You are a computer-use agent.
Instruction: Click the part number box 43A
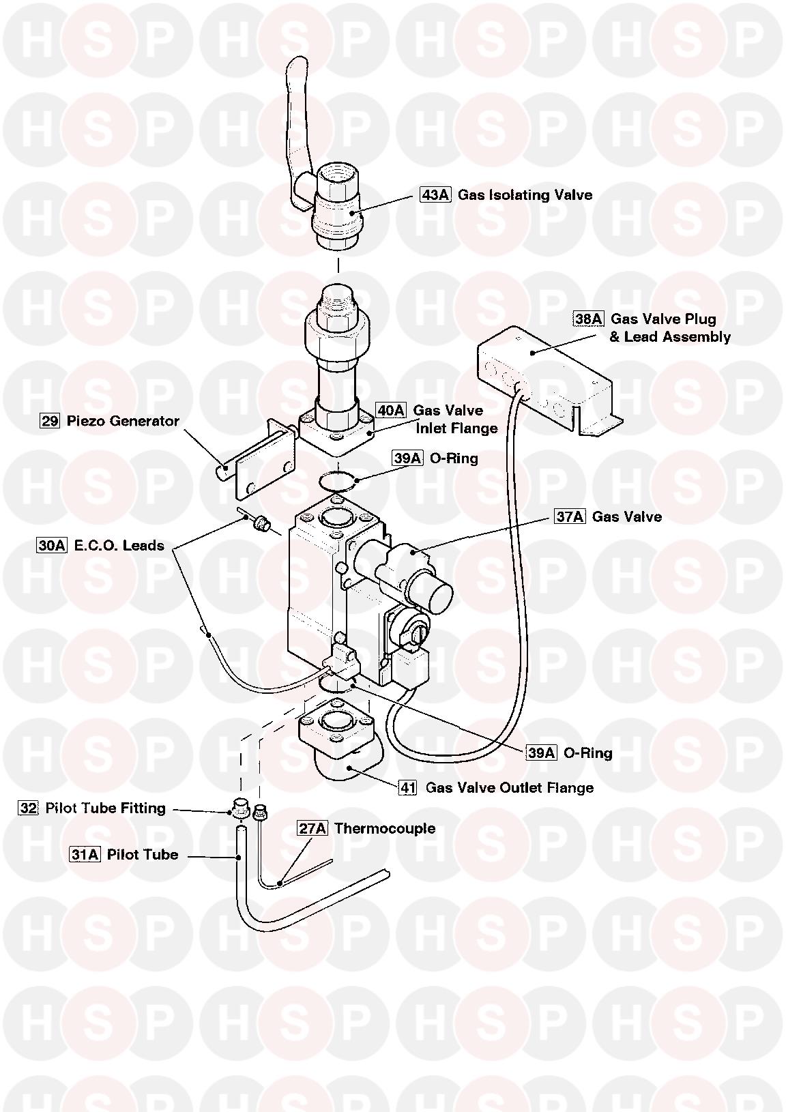[435, 195]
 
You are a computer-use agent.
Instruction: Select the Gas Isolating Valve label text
[525, 195]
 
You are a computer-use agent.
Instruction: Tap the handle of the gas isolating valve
[295, 116]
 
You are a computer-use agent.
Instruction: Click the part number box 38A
[588, 319]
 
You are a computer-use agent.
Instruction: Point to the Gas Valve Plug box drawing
[539, 382]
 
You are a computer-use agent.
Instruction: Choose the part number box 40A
[391, 410]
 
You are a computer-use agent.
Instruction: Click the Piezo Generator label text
[123, 421]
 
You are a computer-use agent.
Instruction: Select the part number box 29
[50, 421]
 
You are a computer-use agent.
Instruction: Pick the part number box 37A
[570, 516]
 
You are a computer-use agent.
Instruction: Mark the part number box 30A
[52, 546]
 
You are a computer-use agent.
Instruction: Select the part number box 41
[407, 788]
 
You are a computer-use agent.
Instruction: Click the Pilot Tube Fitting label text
[106, 808]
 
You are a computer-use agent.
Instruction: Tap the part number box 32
[28, 808]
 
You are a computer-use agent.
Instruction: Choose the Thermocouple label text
[385, 828]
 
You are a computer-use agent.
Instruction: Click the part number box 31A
[85, 855]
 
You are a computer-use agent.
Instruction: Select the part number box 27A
[312, 828]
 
